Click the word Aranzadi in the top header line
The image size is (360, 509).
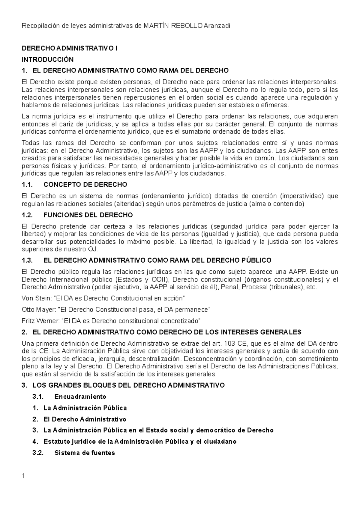(217, 26)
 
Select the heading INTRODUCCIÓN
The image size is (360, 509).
(48, 59)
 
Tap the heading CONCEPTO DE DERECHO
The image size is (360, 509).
(85, 184)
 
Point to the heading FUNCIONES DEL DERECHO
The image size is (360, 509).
(88, 215)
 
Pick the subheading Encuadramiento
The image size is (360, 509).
(80, 397)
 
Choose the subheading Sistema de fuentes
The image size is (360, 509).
(85, 453)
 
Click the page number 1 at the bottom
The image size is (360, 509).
(23, 476)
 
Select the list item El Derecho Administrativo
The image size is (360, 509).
(85, 419)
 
